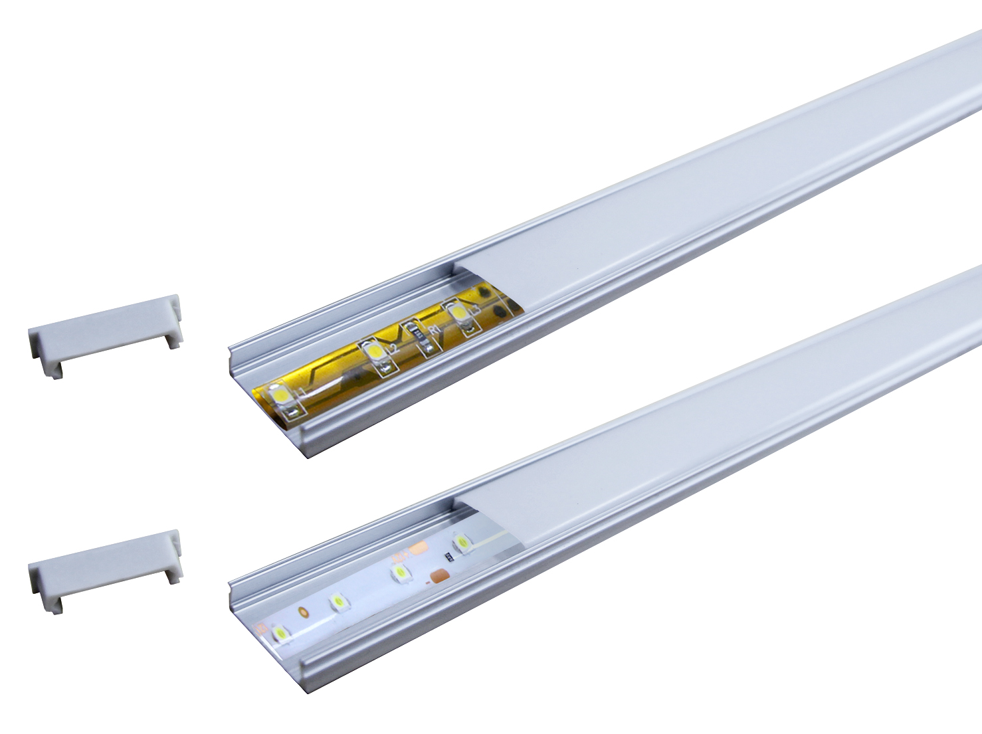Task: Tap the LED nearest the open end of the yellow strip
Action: pyautogui.click(x=280, y=396)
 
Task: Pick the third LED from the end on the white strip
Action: pyautogui.click(x=399, y=572)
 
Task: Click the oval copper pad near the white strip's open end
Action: pyautogui.click(x=303, y=610)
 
